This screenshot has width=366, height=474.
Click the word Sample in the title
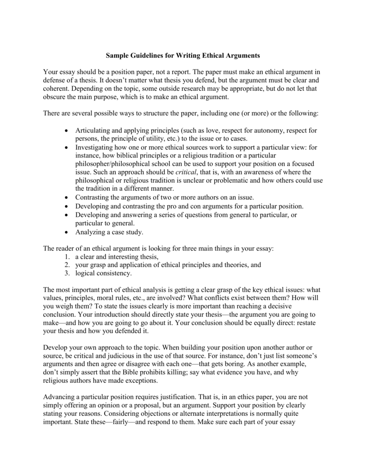[118, 56]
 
